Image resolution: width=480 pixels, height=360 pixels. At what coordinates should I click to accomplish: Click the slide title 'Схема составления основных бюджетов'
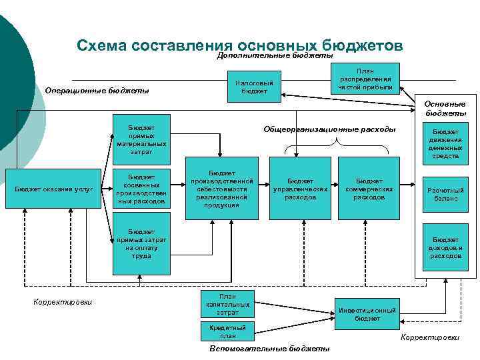click(239, 45)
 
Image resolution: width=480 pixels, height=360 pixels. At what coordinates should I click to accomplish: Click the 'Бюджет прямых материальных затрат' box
click(141, 138)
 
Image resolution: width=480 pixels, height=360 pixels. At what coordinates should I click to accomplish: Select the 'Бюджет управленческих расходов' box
click(301, 189)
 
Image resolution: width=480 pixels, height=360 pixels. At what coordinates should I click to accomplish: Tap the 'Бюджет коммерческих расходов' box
click(369, 189)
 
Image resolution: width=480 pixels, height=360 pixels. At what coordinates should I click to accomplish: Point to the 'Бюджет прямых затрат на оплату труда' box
click(141, 243)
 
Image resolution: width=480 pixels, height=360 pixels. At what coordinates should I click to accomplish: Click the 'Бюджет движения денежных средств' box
click(445, 144)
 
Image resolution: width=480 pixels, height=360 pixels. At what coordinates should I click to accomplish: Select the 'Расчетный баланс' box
click(445, 194)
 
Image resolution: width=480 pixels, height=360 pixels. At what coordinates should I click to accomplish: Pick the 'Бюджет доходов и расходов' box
click(445, 247)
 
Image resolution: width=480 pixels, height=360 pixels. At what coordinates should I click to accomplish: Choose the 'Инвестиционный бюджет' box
click(367, 314)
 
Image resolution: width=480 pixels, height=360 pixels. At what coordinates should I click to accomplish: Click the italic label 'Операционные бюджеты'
click(97, 91)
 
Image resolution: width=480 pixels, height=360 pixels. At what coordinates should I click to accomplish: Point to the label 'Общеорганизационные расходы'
click(329, 129)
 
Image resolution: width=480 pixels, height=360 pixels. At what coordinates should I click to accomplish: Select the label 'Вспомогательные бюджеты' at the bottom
click(269, 349)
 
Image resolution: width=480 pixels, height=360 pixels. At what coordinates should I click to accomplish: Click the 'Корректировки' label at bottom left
click(63, 302)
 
